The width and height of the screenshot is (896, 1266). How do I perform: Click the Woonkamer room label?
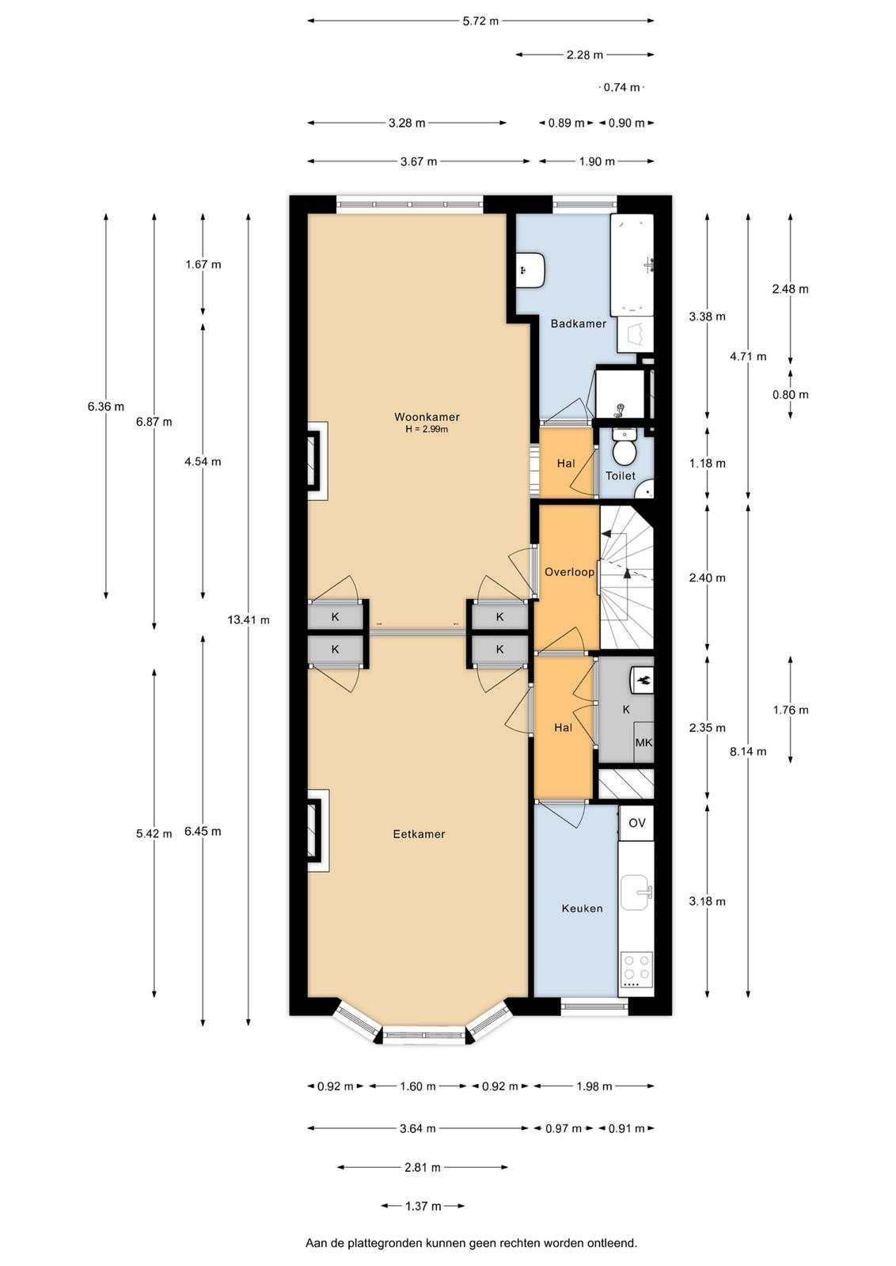coord(427,417)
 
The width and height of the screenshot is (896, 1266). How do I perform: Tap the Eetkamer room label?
coord(419,834)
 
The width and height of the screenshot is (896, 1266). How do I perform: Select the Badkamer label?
coord(579,324)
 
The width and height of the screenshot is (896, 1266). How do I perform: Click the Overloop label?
coord(569,572)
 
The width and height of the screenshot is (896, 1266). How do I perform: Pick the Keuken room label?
coord(583,908)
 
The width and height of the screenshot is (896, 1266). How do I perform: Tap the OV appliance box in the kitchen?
coord(636,823)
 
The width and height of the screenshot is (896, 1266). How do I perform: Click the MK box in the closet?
coord(644,743)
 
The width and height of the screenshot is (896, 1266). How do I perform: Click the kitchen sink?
coord(636,893)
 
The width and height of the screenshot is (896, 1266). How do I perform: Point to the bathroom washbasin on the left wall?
coord(530,270)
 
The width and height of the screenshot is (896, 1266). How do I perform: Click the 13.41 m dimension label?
coord(249,620)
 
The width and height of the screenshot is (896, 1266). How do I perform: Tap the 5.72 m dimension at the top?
coord(481,21)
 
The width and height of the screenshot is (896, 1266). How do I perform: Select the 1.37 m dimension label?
coord(423,1206)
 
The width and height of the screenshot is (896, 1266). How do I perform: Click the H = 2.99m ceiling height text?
coord(427,430)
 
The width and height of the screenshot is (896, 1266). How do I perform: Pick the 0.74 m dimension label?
coord(622,88)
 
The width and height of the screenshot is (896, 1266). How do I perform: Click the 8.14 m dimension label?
coord(748,751)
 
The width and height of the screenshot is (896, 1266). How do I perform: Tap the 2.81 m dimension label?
coord(423,1167)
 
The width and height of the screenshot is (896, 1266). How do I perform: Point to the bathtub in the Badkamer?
coord(632,265)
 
